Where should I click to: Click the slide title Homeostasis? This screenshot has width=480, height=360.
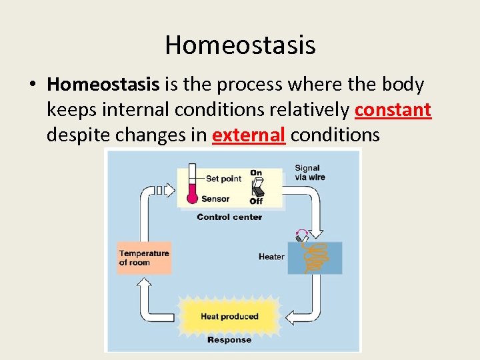pyautogui.click(x=240, y=45)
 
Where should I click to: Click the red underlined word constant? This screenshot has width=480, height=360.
pyautogui.click(x=393, y=110)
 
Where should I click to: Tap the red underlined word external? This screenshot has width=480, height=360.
pyautogui.click(x=249, y=135)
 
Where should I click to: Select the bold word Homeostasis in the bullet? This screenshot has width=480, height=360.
pyautogui.click(x=103, y=85)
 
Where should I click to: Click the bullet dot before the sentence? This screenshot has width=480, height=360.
pyautogui.click(x=32, y=85)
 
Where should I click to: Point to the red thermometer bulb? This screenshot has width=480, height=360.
pyautogui.click(x=192, y=197)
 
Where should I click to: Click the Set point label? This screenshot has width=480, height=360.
pyautogui.click(x=223, y=179)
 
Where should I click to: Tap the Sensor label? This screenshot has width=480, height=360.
pyautogui.click(x=215, y=199)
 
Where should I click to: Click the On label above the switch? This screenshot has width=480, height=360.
pyautogui.click(x=256, y=173)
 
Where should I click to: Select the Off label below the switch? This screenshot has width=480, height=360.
pyautogui.click(x=256, y=201)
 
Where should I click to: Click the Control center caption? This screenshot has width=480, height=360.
pyautogui.click(x=229, y=217)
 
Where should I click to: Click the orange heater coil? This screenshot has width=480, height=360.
pyautogui.click(x=313, y=257)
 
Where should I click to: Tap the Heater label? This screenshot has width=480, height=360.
pyautogui.click(x=271, y=257)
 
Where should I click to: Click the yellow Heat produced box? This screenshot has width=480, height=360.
pyautogui.click(x=229, y=316)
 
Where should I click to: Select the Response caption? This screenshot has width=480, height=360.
pyautogui.click(x=229, y=340)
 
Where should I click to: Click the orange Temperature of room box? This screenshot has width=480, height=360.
pyautogui.click(x=144, y=257)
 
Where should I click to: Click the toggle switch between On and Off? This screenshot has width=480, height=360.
pyautogui.click(x=256, y=187)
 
